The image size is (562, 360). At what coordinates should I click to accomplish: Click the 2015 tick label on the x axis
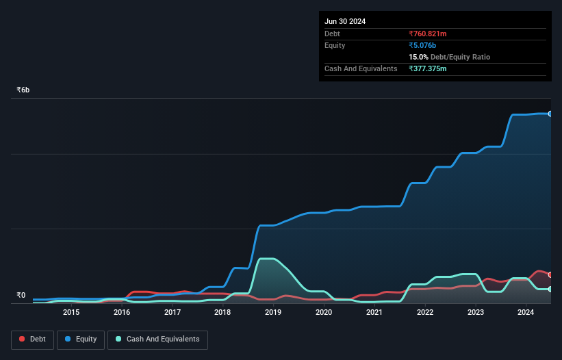(71, 313)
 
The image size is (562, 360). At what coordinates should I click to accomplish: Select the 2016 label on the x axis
(122, 313)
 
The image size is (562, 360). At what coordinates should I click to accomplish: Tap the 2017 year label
(173, 313)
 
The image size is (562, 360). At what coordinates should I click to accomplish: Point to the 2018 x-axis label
(222, 313)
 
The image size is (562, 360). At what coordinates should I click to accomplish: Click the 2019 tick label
(273, 313)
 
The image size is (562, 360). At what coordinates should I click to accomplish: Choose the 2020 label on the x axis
(324, 313)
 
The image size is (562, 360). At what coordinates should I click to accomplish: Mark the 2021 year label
(374, 313)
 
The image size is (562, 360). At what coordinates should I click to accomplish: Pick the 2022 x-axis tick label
(425, 313)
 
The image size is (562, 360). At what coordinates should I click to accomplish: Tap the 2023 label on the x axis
(475, 313)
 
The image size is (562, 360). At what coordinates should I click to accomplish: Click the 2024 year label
(526, 313)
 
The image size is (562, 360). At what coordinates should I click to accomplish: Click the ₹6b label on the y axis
(23, 90)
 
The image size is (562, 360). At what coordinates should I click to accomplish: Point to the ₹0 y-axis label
(21, 296)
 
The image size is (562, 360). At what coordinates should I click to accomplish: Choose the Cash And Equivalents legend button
(157, 339)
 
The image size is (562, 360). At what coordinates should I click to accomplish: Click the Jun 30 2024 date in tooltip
(345, 21)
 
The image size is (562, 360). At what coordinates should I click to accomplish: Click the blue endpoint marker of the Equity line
(550, 114)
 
